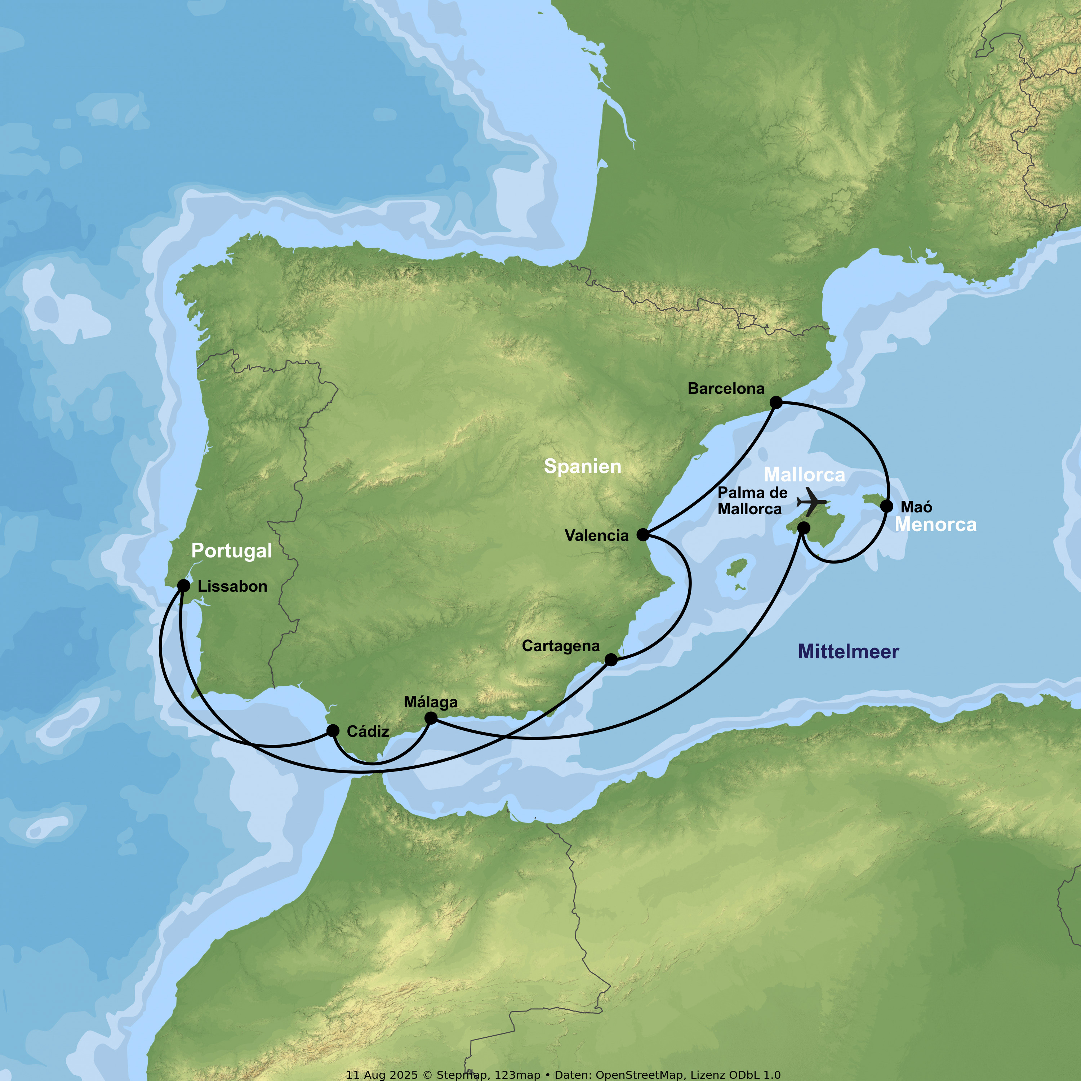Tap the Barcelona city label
pyautogui.click(x=726, y=388)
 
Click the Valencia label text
pyautogui.click(x=596, y=535)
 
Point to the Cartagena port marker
pyautogui.click(x=611, y=660)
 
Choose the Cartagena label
pyautogui.click(x=561, y=646)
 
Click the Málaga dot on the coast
pyautogui.click(x=431, y=718)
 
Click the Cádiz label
pyautogui.click(x=368, y=731)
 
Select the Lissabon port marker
pyautogui.click(x=183, y=586)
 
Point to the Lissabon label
pyautogui.click(x=232, y=586)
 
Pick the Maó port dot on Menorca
pyautogui.click(x=887, y=506)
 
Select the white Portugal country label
pyautogui.click(x=232, y=551)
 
